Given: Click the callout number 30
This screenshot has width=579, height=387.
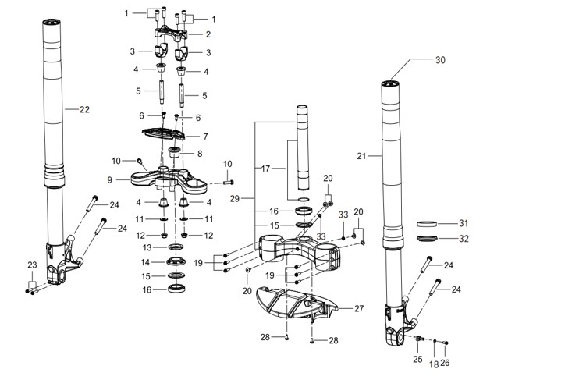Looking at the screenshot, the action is tap(440, 60).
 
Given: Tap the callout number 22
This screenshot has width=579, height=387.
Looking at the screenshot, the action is tap(84, 109).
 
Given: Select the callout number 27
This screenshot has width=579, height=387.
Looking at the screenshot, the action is tap(359, 308).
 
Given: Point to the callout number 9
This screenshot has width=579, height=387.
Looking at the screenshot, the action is tap(110, 179).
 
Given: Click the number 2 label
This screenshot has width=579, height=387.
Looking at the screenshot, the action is tap(208, 34).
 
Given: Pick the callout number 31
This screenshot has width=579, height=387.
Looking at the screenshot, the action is tap(464, 223).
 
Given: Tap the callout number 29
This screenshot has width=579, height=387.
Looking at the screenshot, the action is tap(235, 199).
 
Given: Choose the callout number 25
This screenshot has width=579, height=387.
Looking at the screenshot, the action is tap(417, 360).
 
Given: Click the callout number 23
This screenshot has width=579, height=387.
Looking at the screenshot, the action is tap(33, 265).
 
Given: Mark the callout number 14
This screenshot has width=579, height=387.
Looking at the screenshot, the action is tap(145, 262).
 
